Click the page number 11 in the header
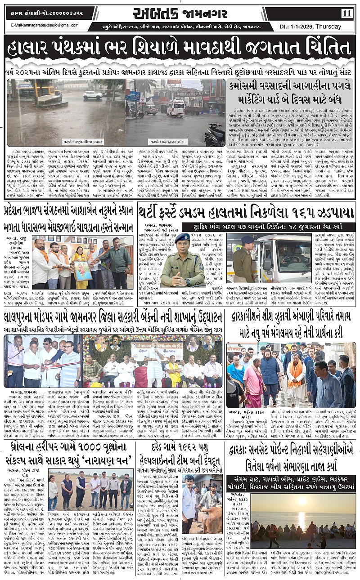click(346, 13)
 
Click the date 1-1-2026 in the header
click(304, 27)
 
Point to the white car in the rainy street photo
click(92, 95)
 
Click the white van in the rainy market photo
click(175, 108)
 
